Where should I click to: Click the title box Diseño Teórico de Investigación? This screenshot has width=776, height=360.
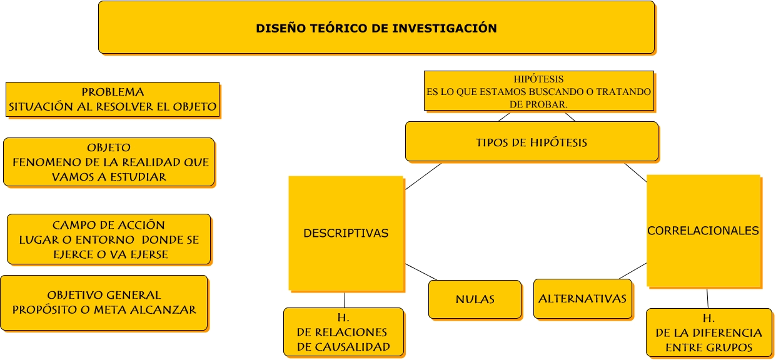[376, 27]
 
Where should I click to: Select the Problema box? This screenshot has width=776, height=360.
[113, 99]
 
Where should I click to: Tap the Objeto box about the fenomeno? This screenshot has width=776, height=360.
[109, 162]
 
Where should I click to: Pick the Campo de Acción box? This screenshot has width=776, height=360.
[109, 239]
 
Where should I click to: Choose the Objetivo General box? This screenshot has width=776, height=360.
[104, 303]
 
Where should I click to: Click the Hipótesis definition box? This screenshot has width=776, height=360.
[538, 91]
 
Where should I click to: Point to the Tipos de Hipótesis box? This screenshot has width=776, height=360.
[532, 142]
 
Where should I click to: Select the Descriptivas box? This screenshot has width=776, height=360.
[346, 233]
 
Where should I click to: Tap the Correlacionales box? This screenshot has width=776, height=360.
[703, 231]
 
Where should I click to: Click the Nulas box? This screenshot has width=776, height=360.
[475, 299]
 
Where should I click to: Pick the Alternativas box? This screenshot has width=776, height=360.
[582, 299]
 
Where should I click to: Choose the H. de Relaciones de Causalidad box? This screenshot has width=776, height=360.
[343, 332]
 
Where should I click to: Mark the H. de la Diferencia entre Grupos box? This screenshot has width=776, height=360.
[708, 332]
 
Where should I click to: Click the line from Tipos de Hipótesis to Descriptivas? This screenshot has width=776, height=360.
[423, 176]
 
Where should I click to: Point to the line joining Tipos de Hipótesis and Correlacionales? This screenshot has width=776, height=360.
[635, 172]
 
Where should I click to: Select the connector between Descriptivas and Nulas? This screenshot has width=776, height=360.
[421, 272]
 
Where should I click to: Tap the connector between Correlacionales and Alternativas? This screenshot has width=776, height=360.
[632, 271]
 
